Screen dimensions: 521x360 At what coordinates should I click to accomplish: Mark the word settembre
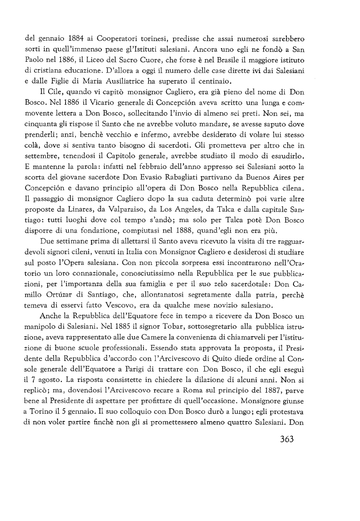[43, 161]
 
